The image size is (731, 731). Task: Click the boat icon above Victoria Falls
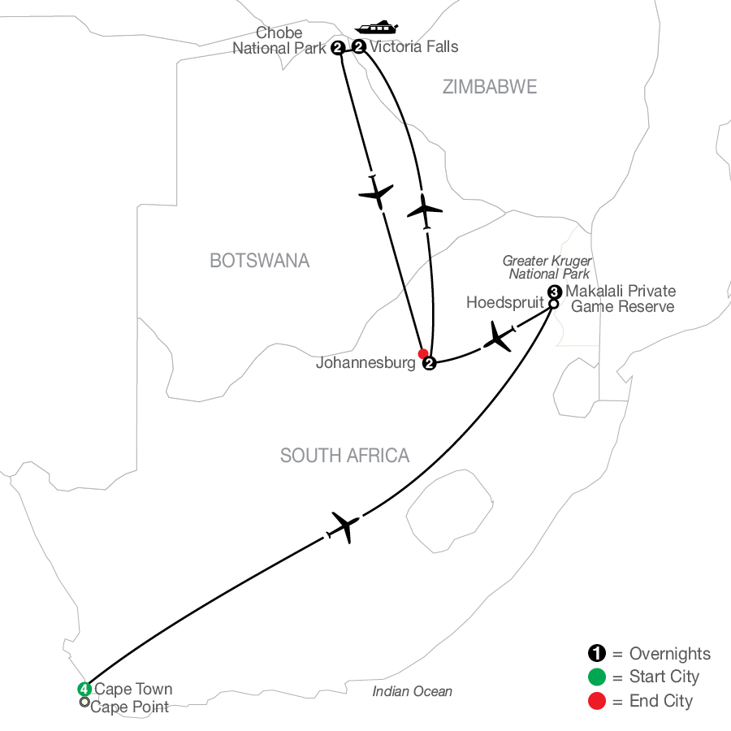(376, 28)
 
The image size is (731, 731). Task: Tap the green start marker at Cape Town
(84, 689)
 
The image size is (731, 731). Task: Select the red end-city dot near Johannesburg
(423, 353)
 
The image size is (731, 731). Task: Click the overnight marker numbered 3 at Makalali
(554, 292)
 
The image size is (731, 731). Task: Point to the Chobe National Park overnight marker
(338, 48)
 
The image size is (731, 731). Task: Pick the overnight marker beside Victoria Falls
(358, 46)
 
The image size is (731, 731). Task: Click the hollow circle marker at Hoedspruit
(553, 304)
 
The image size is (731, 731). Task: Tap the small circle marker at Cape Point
(84, 702)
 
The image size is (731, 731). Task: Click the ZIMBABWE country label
(490, 87)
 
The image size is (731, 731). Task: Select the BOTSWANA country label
(260, 261)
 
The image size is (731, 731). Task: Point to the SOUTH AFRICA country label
(344, 456)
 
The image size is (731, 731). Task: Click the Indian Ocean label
(412, 691)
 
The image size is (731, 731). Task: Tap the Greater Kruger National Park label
(547, 267)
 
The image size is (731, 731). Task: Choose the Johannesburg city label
(365, 363)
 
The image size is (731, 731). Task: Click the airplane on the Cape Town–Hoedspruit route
(344, 527)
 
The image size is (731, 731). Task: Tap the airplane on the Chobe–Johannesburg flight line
(376, 192)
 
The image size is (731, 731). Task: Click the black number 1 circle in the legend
(597, 653)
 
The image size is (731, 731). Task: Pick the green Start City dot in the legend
(597, 677)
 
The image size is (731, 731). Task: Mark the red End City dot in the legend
(597, 701)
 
